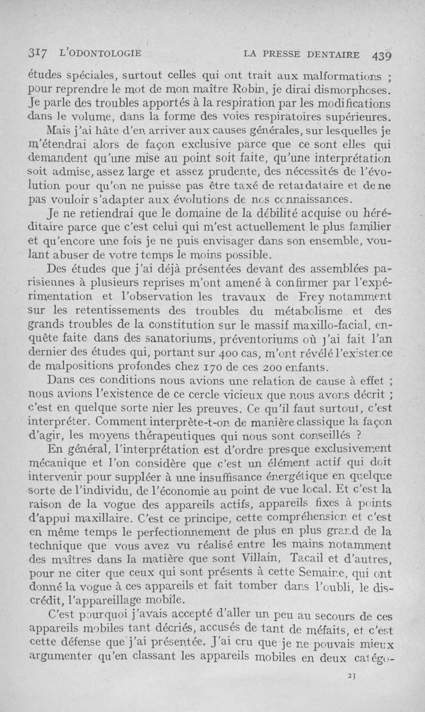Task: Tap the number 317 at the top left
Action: click(x=38, y=53)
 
